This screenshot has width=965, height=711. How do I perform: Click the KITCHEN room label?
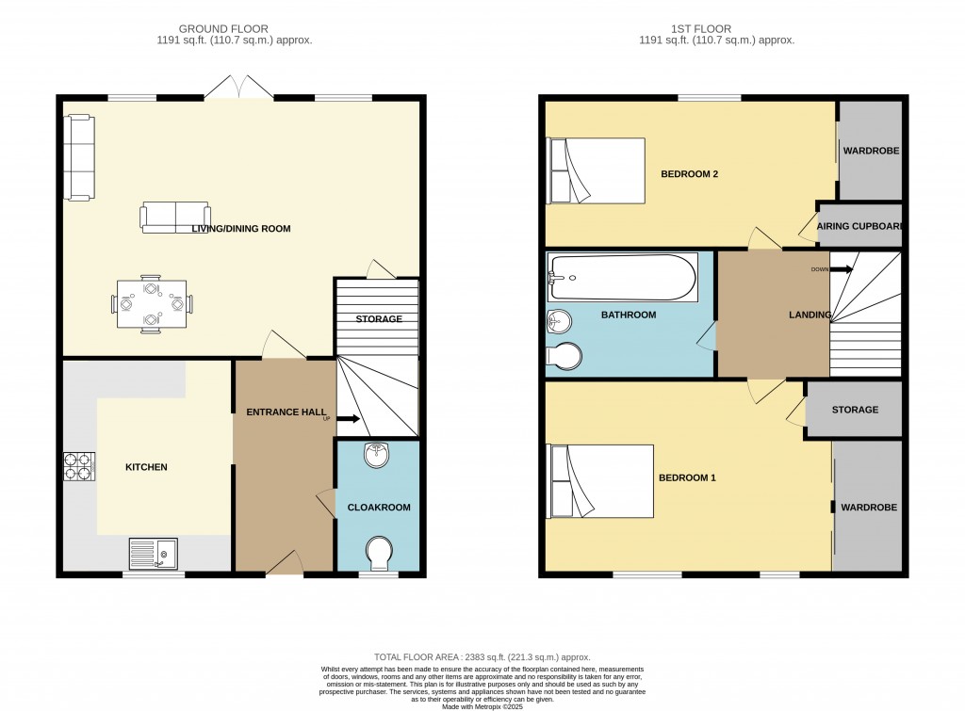coord(146,467)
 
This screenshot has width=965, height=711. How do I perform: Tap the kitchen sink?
coord(153,553)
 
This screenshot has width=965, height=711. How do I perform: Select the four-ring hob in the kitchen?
coord(78,467)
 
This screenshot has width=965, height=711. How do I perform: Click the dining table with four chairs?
coord(151,304)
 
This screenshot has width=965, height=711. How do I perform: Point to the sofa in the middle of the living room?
coord(174,218)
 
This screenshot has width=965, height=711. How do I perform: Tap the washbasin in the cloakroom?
coord(379,455)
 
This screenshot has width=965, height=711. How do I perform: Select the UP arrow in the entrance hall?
coord(346,419)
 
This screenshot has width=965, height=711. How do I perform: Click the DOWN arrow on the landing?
coord(842,269)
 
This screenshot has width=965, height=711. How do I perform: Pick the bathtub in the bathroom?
coord(622,278)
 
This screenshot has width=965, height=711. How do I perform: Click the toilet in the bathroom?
coord(564,357)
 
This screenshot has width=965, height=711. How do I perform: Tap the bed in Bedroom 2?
coord(596,170)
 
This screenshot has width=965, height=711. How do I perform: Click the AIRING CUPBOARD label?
coord(860,226)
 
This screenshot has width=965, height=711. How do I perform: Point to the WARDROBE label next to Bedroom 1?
coord(869,507)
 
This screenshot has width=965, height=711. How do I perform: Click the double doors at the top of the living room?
coord(239,89)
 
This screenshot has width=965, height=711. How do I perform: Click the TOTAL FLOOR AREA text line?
coord(482,657)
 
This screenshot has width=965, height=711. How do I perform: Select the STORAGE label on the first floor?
coord(855,410)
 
